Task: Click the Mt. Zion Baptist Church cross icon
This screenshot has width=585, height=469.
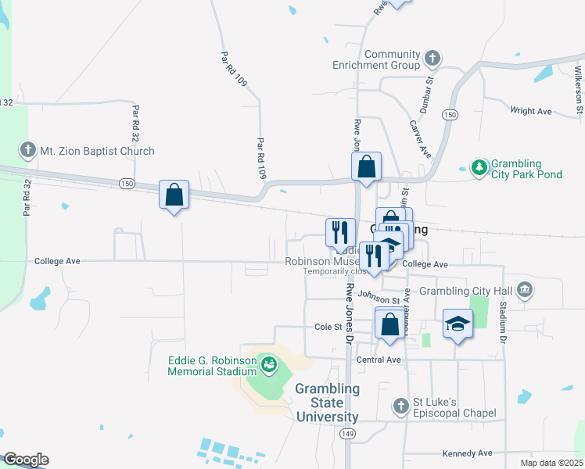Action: (x=27, y=151)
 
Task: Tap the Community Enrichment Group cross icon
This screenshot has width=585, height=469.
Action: (x=432, y=58)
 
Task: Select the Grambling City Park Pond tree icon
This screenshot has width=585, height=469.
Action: (x=479, y=166)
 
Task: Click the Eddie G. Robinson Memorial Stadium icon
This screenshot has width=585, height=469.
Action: (x=269, y=363)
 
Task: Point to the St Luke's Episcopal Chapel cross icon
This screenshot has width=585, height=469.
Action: (x=400, y=406)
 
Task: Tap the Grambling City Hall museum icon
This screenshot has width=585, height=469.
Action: (x=525, y=291)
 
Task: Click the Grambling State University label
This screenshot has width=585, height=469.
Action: (x=328, y=403)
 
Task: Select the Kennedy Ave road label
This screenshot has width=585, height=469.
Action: (x=467, y=453)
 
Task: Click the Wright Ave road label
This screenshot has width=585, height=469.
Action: (x=531, y=111)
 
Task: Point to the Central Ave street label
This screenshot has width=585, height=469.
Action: (x=378, y=360)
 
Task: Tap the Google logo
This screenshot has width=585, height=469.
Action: (x=25, y=460)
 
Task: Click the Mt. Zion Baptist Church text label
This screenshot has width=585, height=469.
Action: (x=97, y=151)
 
